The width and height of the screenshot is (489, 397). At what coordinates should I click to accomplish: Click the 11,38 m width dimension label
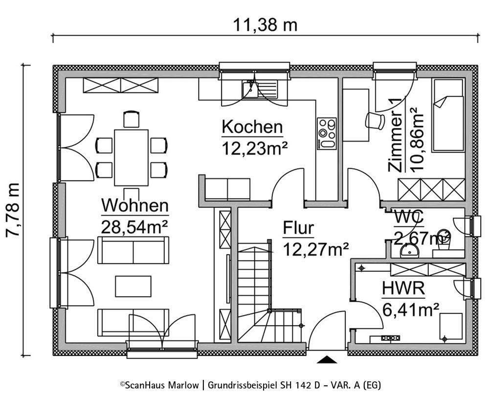(265, 24)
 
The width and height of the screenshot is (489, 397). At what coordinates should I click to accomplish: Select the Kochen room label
(252, 127)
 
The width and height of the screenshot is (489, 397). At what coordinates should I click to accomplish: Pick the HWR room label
(403, 288)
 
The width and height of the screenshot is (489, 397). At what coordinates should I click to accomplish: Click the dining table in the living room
(131, 156)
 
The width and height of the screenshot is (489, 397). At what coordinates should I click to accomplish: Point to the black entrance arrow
(327, 360)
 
